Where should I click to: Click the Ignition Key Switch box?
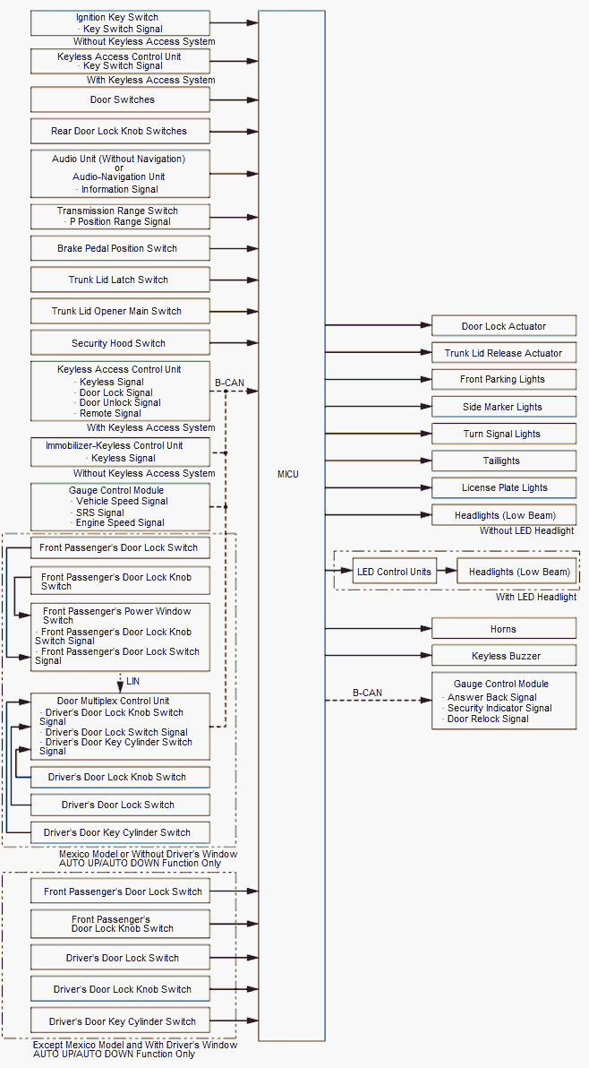coord(120,23)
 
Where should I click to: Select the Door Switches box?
coord(120,99)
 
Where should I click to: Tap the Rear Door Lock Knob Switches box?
coord(120,131)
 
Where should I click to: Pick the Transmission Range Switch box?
coord(120,216)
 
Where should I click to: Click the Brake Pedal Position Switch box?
coord(120,248)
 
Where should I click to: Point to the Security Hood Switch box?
coord(120,343)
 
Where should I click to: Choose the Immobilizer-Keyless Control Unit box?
coord(120,452)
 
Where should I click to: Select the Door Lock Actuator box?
coord(503,326)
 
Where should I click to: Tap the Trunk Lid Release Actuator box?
coord(503,353)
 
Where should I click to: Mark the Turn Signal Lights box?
coord(503,434)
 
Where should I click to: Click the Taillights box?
coord(503,461)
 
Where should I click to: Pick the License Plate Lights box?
coord(503,487)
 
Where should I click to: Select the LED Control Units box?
coord(394,572)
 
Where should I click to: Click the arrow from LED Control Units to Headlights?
coord(447,572)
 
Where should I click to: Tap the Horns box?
coord(503,629)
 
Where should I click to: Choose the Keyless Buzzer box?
coord(503,656)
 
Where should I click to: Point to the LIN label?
coord(132,682)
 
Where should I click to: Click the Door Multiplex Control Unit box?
coord(120,726)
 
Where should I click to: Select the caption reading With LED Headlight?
coord(535,597)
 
